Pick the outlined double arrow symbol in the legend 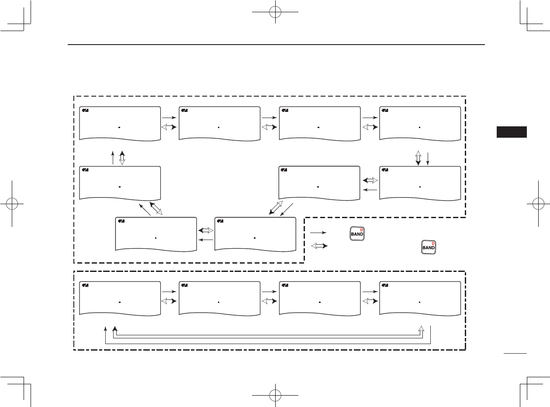tap(318, 247)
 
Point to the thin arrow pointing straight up tap(113, 158)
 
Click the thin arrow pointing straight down tap(428, 158)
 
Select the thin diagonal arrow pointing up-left tap(145, 209)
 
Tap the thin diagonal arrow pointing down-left tap(287, 209)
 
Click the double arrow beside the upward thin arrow tap(122, 158)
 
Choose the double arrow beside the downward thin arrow tap(418, 158)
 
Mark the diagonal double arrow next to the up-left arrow tap(156, 208)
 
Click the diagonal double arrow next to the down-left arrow tap(276, 208)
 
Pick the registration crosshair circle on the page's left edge tap(14, 204)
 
